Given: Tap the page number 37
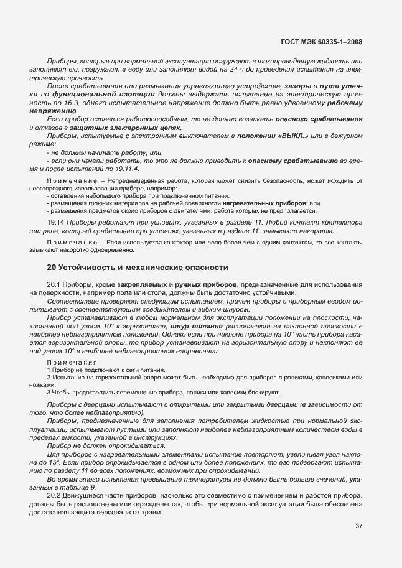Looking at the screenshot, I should point(358,526).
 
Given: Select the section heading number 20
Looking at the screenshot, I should point(52,268).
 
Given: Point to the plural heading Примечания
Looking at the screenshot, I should point(71,361).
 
